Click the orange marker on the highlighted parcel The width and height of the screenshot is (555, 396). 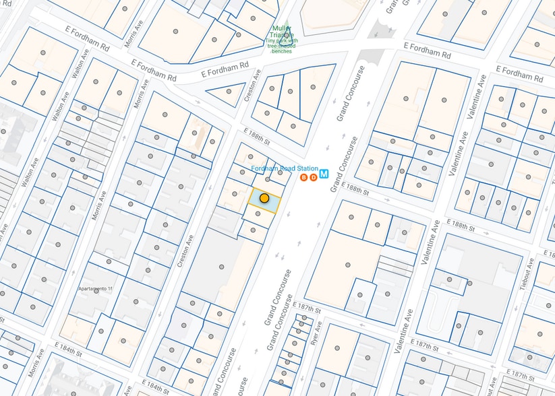pyautogui.click(x=264, y=199)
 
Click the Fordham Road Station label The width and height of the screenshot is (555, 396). pyautogui.click(x=284, y=168)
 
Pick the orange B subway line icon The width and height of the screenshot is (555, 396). pyautogui.click(x=303, y=177)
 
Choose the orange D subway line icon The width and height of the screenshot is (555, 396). pyautogui.click(x=313, y=177)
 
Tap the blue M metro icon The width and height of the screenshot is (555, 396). pyautogui.click(x=324, y=174)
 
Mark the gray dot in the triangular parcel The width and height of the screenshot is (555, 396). pyautogui.click(x=229, y=92)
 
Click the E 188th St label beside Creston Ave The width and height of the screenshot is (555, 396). pyautogui.click(x=256, y=137)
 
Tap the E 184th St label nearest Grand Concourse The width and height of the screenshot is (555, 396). pyautogui.click(x=156, y=388)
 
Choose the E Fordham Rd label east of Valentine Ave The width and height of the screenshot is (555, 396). pyautogui.click(x=519, y=72)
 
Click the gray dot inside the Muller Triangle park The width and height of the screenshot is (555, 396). pyautogui.click(x=287, y=35)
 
